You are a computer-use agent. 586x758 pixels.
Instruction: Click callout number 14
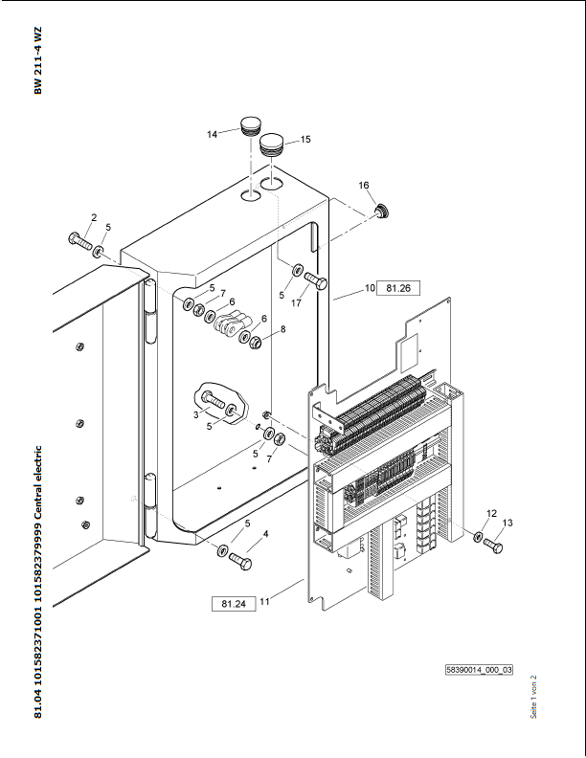(x=213, y=135)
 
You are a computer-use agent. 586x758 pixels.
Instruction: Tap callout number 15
(x=305, y=139)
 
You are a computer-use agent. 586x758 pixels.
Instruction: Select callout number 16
(x=364, y=185)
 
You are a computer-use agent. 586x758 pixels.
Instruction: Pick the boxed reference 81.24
(x=233, y=604)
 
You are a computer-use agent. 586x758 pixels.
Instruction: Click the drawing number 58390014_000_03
(x=480, y=671)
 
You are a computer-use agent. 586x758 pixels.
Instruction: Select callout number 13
(x=507, y=523)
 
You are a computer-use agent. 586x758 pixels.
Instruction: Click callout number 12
(x=491, y=514)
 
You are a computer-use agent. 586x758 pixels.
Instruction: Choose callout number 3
(x=195, y=413)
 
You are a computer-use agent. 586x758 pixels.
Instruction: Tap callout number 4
(x=265, y=533)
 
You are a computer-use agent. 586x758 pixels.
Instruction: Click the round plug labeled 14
(x=251, y=123)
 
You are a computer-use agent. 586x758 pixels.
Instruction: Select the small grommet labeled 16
(x=381, y=210)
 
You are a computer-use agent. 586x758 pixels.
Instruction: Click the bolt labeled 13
(x=494, y=545)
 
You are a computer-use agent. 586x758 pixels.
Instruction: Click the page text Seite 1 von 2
(x=533, y=697)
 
